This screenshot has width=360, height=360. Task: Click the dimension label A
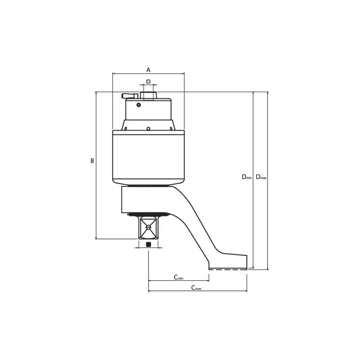[148, 70]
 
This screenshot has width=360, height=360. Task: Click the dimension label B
[92, 161]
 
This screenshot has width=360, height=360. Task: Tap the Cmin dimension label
[179, 277]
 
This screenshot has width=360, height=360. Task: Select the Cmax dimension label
[196, 288]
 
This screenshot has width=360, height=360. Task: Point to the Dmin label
[247, 177]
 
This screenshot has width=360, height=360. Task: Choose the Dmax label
[261, 177]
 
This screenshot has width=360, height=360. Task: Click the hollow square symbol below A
[148, 81]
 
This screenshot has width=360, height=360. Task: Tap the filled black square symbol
[148, 244]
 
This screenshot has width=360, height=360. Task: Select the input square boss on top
[148, 95]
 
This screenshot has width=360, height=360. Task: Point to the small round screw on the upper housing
[139, 105]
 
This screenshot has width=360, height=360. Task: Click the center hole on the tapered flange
[148, 128]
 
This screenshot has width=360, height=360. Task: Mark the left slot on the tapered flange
[126, 128]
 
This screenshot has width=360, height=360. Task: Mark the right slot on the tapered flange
[171, 128]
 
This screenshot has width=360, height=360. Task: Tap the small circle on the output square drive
[148, 227]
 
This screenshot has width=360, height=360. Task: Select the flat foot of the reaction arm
[228, 262]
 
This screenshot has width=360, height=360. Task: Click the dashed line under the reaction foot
[228, 270]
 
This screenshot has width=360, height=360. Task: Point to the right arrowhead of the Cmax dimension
[246, 291]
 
